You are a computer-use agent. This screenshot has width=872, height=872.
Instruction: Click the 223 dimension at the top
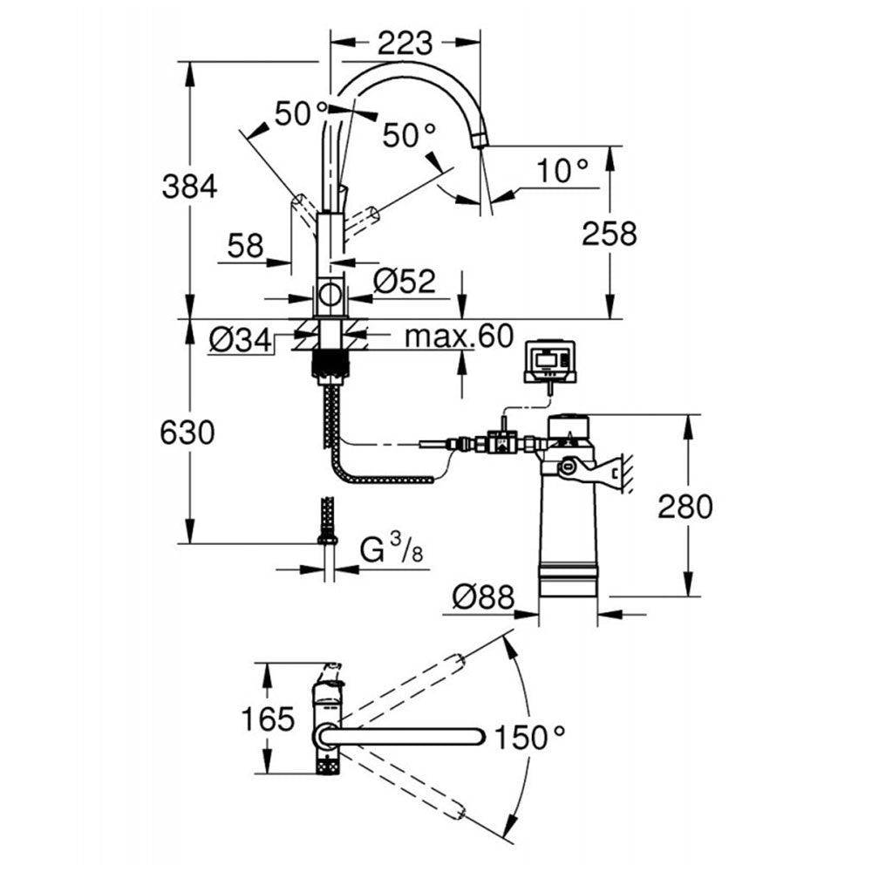coord(405,41)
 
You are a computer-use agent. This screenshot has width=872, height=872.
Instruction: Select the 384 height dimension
coord(189,185)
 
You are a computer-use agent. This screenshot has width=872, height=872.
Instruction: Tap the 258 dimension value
coord(610,233)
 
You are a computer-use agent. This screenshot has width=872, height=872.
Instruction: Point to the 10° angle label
coord(562,170)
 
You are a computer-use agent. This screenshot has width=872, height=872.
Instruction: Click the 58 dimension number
coord(245,246)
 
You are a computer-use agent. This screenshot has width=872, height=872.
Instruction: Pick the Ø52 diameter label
coord(404,281)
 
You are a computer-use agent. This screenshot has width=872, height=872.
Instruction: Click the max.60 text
coord(460,337)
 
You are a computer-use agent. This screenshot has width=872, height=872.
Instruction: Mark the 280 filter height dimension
coord(685,507)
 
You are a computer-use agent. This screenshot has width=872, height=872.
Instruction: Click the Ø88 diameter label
coord(482,597)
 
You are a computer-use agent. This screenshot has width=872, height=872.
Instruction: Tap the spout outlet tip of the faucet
coord(479,140)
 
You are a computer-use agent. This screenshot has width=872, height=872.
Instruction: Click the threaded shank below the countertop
coord(330,362)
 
